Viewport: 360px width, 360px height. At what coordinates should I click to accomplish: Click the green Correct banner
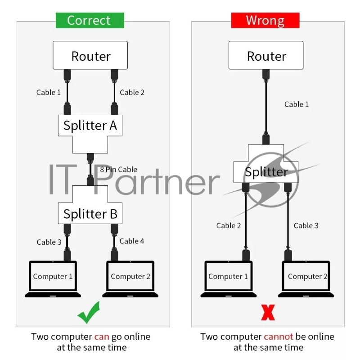[90, 20]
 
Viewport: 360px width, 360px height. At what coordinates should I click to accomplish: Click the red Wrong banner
[265, 20]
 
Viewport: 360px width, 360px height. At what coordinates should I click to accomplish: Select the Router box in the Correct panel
[90, 56]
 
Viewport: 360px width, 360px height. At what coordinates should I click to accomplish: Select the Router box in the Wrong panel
[266, 56]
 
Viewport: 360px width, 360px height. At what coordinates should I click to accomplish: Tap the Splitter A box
[90, 125]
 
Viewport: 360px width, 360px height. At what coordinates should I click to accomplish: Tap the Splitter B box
[90, 214]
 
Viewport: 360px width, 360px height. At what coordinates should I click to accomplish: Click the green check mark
[88, 312]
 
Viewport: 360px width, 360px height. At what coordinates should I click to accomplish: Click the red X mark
[268, 312]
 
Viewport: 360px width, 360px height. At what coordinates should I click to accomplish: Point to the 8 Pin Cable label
[118, 170]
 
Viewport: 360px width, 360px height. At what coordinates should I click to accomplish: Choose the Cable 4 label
[132, 241]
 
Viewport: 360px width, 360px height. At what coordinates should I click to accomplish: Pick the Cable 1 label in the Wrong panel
[297, 104]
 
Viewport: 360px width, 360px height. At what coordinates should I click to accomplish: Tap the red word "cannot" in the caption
[278, 337]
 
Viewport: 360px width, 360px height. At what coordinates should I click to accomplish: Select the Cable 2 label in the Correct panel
[132, 92]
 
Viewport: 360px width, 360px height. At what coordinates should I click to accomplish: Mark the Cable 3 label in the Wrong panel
[306, 225]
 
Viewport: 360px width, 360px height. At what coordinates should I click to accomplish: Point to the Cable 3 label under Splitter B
[49, 242]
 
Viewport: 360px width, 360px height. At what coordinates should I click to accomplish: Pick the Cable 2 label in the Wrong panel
[229, 225]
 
